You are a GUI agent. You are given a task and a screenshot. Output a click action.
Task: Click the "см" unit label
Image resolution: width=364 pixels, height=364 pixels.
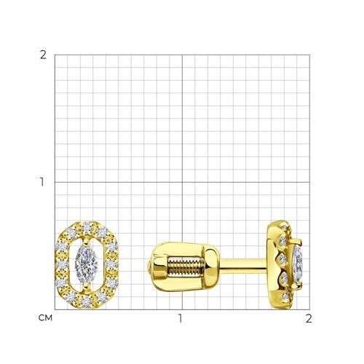tap(45, 318)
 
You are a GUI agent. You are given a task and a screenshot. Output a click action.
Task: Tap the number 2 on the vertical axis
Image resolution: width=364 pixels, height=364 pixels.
tap(43, 55)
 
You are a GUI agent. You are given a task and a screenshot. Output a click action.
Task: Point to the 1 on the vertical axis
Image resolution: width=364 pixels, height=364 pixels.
tap(42, 182)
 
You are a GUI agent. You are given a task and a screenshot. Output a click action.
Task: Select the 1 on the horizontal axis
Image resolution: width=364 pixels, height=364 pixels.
tap(180, 318)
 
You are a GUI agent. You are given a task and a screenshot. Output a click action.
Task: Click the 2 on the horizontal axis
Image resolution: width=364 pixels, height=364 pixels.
tap(309, 318)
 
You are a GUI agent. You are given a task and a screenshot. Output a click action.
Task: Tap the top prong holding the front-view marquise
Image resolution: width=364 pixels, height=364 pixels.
tap(86, 241)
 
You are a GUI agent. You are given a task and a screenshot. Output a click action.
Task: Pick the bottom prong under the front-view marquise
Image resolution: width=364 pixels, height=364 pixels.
tap(86, 287)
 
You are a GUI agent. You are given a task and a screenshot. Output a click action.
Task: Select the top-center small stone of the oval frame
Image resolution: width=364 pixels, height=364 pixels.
tap(87, 227)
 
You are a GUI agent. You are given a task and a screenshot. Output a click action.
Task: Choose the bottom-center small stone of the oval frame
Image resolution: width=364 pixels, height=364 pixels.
tap(86, 303)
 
